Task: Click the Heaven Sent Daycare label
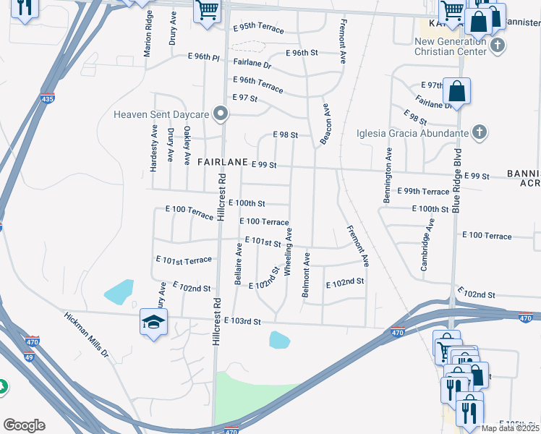[x=161, y=114]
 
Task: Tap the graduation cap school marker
[x=153, y=322]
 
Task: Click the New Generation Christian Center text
[x=450, y=46]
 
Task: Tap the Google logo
[x=24, y=425]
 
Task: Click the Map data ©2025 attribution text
[x=511, y=428]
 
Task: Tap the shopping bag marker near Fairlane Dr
[x=457, y=91]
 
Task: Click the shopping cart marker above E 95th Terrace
[x=208, y=11]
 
